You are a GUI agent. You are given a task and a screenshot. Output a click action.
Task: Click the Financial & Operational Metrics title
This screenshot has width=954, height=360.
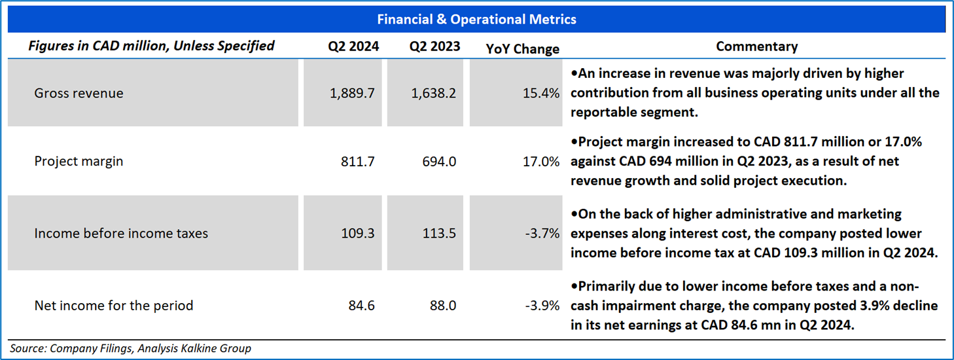(x=476, y=20)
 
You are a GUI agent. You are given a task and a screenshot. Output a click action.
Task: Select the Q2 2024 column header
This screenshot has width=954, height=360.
(x=353, y=46)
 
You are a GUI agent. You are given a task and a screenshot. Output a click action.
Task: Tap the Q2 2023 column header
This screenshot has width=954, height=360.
(x=434, y=46)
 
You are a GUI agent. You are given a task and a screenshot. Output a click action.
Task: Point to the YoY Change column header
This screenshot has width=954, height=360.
(x=523, y=48)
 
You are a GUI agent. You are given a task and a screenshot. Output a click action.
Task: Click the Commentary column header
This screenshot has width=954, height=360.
(x=756, y=46)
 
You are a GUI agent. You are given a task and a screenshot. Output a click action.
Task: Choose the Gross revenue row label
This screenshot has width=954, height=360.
(x=79, y=93)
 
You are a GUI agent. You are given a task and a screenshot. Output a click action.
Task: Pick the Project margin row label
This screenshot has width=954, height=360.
(x=79, y=161)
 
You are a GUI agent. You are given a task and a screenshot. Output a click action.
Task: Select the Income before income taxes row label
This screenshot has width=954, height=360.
(x=121, y=233)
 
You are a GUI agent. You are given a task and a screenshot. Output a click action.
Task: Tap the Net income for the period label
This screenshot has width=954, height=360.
(x=113, y=305)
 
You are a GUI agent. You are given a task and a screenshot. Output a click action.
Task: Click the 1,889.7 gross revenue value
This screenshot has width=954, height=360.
(x=352, y=93)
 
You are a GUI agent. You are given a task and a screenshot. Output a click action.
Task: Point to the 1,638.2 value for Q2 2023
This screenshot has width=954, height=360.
(x=434, y=93)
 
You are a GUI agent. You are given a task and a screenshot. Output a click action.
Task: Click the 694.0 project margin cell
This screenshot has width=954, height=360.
(x=440, y=161)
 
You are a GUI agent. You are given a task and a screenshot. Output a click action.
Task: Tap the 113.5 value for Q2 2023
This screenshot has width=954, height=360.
(x=440, y=233)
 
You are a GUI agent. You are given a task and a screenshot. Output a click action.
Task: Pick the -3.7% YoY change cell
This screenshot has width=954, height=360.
(x=542, y=233)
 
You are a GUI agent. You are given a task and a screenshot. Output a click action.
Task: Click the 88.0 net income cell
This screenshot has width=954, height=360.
(x=443, y=305)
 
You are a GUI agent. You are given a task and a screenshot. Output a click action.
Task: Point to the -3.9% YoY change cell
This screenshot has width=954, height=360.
(x=542, y=305)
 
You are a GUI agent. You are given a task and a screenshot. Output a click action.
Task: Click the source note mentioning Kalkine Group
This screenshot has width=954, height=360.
(x=130, y=349)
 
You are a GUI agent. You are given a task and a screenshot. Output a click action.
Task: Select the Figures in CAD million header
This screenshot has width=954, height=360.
(x=151, y=46)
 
